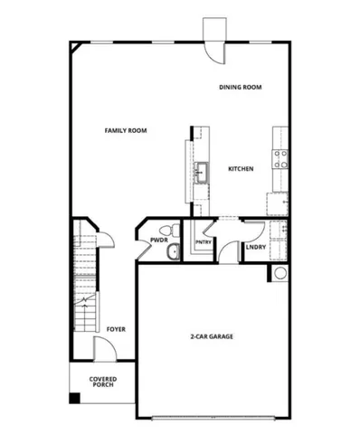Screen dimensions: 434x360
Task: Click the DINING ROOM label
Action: [x=240, y=87]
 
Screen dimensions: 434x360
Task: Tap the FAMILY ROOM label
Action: [x=126, y=130]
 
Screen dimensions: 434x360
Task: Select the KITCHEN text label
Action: [x=240, y=169]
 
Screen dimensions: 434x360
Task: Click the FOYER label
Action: [x=115, y=329]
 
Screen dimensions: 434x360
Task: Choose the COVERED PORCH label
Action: [x=101, y=383]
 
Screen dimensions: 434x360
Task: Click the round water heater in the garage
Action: [x=279, y=273]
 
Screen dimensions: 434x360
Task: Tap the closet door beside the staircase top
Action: [x=106, y=238]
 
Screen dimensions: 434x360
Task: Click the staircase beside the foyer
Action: [x=83, y=289]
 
